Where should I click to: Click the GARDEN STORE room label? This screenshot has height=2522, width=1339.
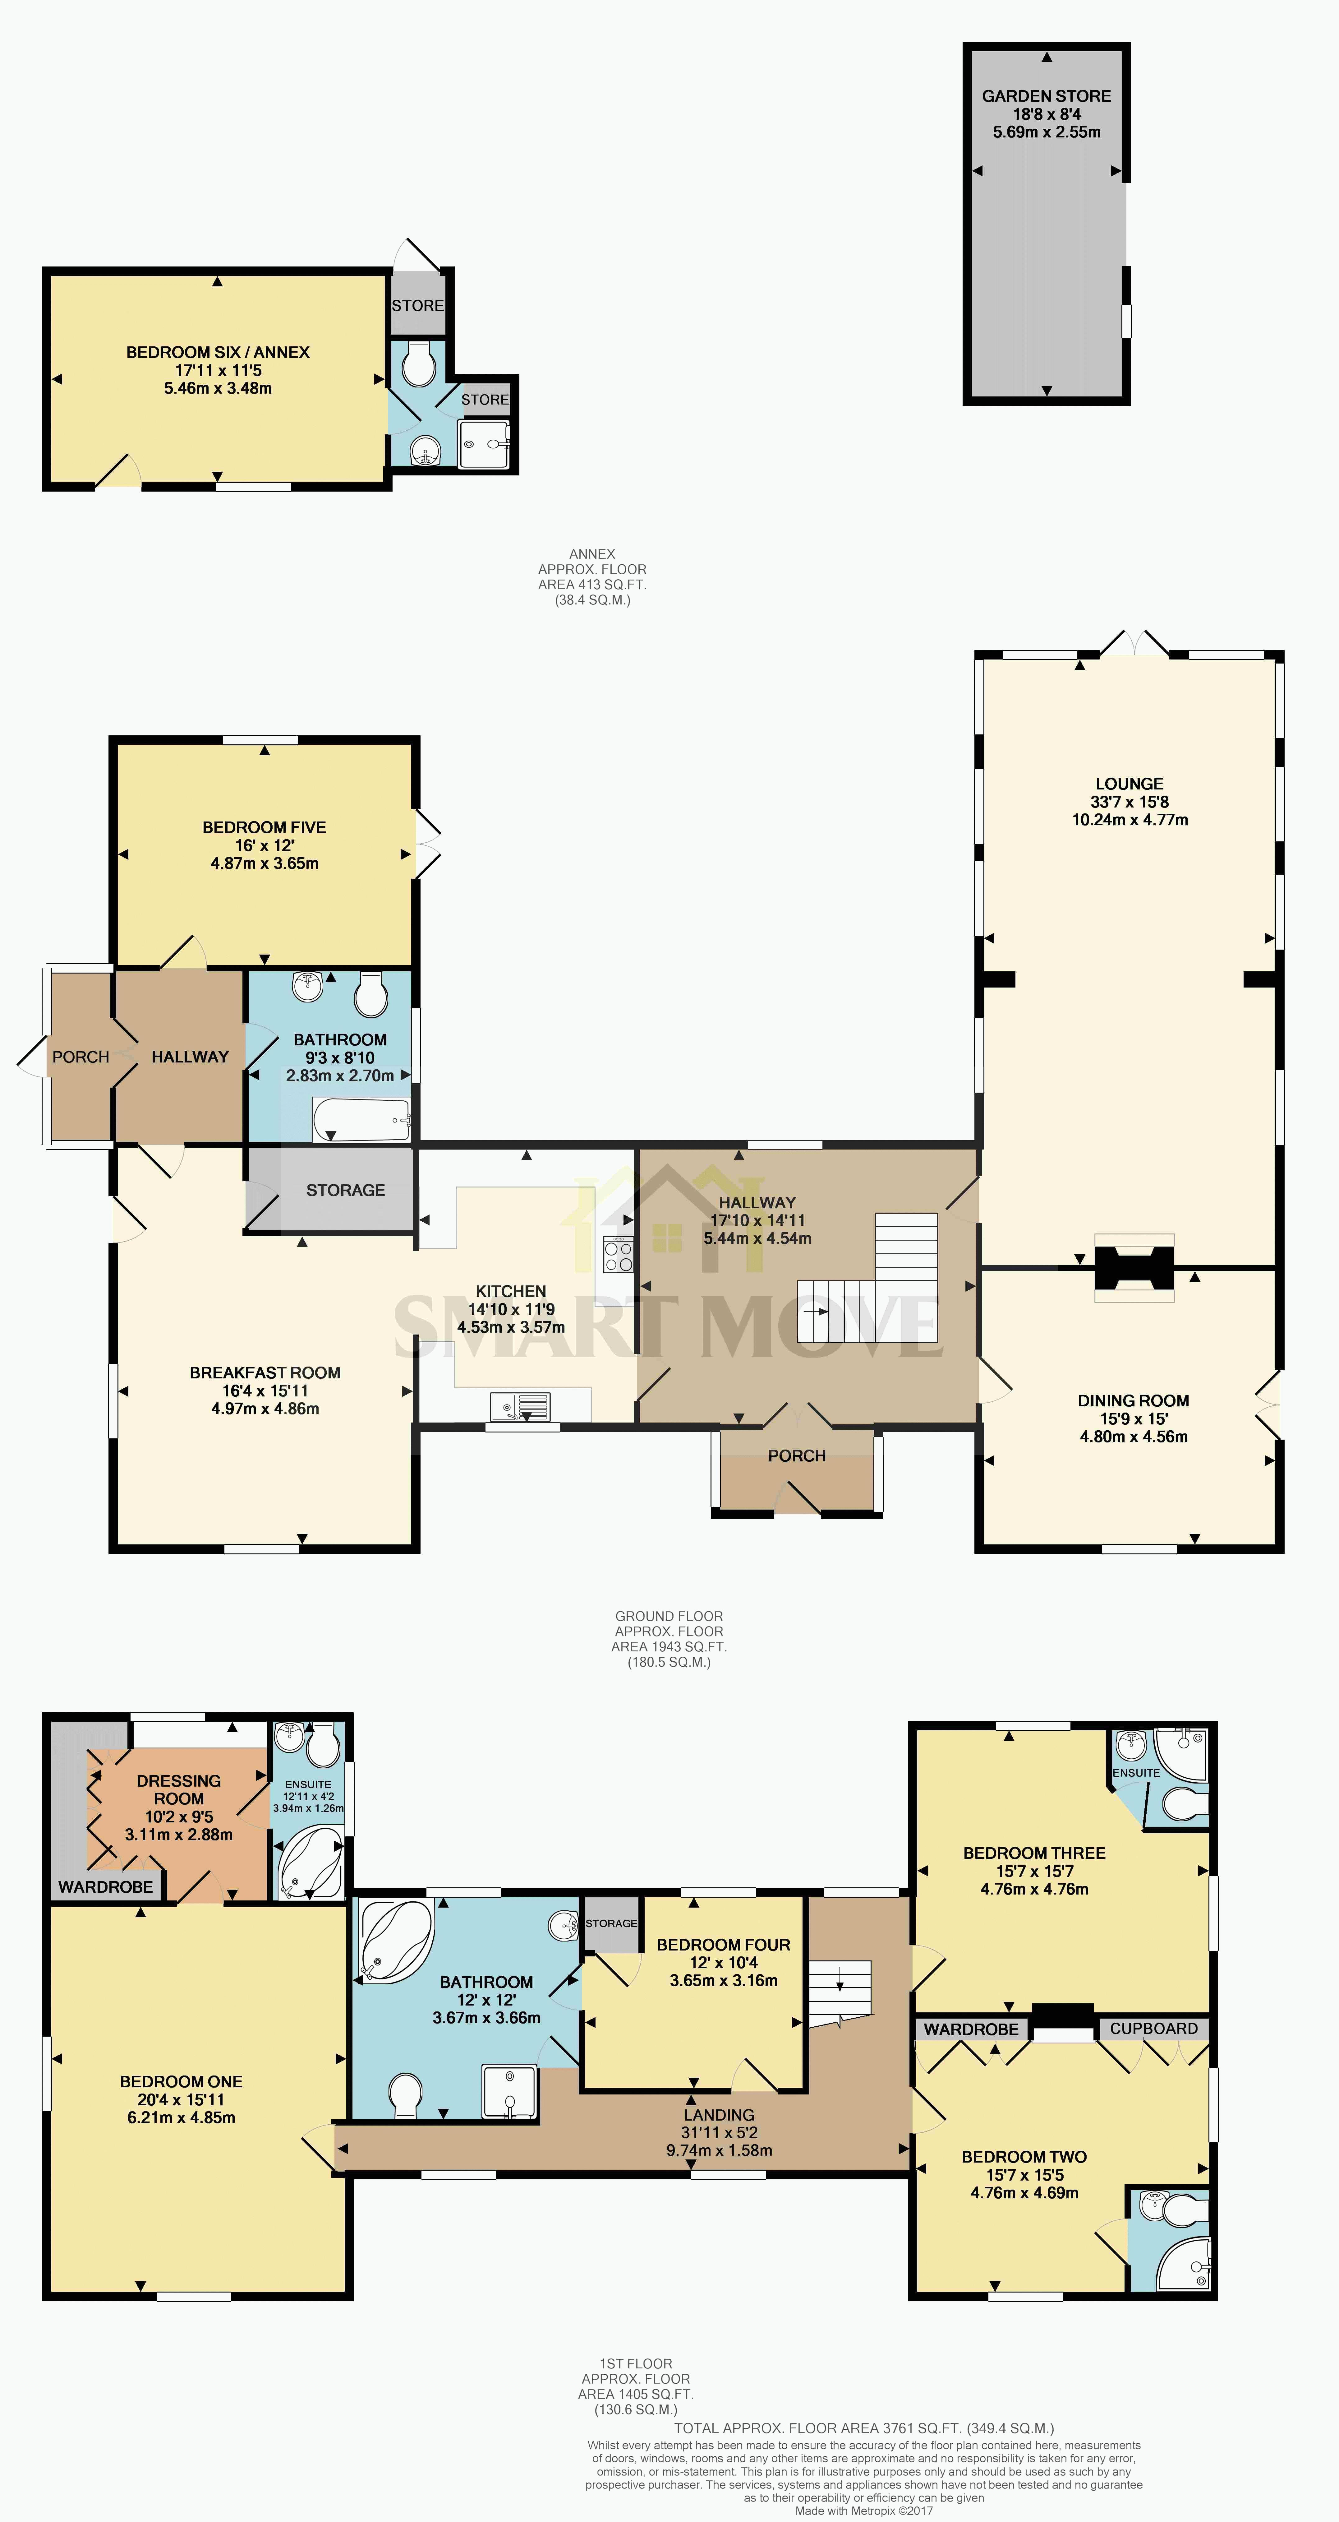coord(1046,96)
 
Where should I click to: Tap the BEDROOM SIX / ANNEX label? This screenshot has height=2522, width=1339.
coord(217,353)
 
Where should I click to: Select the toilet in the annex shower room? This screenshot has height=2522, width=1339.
coord(419,364)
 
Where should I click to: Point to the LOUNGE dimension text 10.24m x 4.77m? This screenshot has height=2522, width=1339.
coord(1130,819)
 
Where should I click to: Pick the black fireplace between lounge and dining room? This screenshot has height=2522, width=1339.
coord(1134,1268)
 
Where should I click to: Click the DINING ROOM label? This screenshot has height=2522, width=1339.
coord(1134,1401)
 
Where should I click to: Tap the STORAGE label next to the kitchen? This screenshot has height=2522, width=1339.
coord(346,1191)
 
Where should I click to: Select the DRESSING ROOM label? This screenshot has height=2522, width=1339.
coord(178,1790)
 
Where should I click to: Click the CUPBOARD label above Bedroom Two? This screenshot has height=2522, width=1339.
coord(1154,2029)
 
